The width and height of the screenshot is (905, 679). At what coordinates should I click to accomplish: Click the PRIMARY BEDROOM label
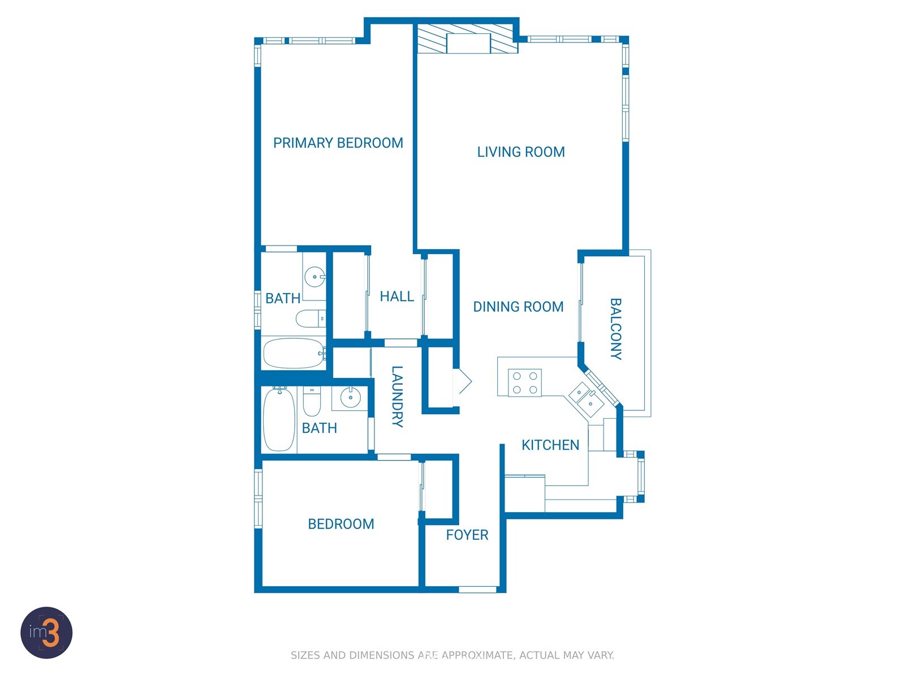338,143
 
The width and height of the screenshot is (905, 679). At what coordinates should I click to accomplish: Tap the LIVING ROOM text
521,152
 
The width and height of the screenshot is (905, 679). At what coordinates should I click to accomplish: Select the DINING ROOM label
518,307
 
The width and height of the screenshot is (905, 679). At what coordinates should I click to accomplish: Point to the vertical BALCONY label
615,329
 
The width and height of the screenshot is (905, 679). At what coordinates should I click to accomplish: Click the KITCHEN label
550,445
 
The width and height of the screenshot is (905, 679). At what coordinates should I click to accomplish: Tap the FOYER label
467,535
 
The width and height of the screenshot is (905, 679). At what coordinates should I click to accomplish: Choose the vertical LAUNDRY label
397,397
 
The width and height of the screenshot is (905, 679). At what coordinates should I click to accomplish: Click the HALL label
397,296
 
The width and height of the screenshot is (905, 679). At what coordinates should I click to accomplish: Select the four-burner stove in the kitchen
524,383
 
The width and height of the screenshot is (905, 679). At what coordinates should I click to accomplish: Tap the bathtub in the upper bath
294,353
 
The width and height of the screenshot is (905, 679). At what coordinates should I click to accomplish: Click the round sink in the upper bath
315,277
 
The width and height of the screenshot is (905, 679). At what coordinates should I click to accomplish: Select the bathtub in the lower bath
279,419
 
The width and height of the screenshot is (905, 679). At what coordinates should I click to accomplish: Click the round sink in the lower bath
351,397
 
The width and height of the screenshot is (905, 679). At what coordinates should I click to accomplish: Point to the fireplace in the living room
468,38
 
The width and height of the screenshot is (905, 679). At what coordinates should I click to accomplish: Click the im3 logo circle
46,633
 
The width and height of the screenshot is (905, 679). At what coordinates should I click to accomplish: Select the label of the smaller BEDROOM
341,525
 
